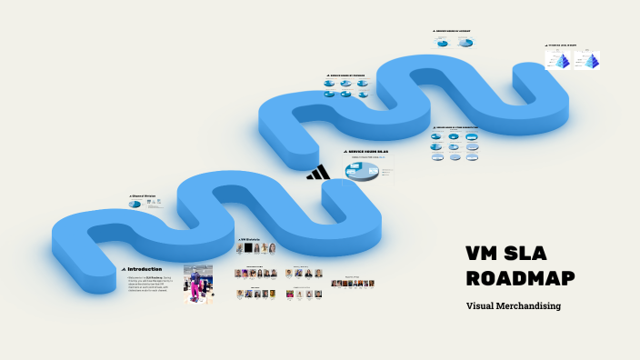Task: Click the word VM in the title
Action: pos(485,253)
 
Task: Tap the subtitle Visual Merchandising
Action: pos(513,305)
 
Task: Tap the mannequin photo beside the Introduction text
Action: pos(198,284)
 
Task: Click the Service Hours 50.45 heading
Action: pos(374,152)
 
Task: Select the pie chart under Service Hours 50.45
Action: pos(361,170)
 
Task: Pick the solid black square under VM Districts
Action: pos(241,247)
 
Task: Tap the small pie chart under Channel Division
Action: pos(136,204)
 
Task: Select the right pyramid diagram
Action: pos(587,60)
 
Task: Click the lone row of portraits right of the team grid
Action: pos(352,284)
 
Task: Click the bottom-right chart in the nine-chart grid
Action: pos(472,156)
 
